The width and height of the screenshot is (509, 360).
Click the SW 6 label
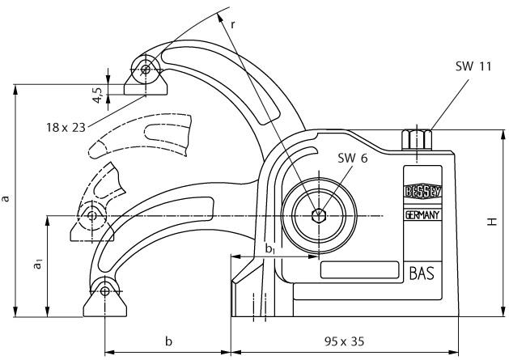353,159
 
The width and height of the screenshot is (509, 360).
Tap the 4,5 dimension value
97,94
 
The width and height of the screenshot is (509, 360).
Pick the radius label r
233,24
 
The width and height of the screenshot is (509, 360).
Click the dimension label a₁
36,265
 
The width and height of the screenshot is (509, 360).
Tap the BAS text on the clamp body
422,273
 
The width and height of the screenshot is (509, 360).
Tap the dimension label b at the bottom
168,341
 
